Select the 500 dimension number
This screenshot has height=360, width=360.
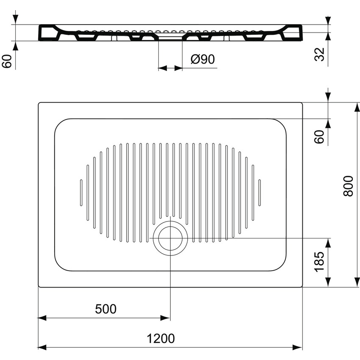pyautogui.click(x=105, y=309)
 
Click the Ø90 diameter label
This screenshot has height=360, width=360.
pyautogui.click(x=202, y=59)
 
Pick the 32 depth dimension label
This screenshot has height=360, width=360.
pyautogui.click(x=320, y=54)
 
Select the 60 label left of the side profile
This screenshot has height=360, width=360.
pyautogui.click(x=7, y=61)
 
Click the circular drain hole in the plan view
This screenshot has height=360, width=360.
pyautogui.click(x=170, y=238)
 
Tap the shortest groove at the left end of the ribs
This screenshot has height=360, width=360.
pyautogui.click(x=81, y=193)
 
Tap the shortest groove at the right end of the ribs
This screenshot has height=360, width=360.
pyautogui.click(x=260, y=193)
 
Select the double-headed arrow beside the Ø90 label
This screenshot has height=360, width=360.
pyautogui.click(x=170, y=68)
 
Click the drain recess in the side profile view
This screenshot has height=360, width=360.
pyautogui.click(x=170, y=37)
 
